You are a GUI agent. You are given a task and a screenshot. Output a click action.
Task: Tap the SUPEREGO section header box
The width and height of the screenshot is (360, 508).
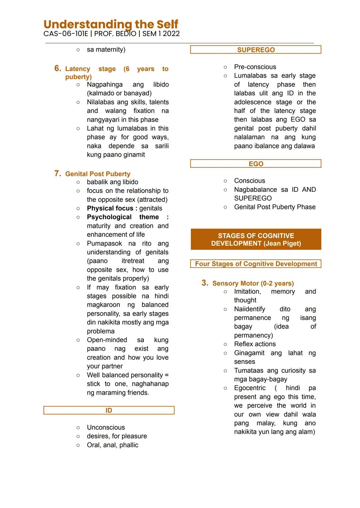(x=256, y=50)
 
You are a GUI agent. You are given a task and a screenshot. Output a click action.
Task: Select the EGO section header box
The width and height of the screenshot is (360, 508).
(x=256, y=164)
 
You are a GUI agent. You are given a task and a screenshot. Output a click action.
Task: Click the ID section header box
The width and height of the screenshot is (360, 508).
(x=109, y=410)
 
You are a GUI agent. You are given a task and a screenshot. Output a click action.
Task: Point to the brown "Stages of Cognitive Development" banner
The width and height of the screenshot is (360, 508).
(x=256, y=239)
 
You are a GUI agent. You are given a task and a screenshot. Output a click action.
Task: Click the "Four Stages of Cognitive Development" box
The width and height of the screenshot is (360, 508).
(x=256, y=264)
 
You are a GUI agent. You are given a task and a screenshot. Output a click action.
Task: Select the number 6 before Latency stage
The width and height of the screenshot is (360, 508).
(x=58, y=68)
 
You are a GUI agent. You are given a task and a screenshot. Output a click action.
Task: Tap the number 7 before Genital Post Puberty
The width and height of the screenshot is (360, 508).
(x=58, y=174)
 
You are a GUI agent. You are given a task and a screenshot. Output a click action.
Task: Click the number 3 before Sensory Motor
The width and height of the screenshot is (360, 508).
(x=205, y=283)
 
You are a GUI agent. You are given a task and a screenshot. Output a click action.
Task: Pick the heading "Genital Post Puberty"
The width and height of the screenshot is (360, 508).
(x=98, y=174)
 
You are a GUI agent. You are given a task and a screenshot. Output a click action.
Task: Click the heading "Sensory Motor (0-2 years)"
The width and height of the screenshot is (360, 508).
(x=253, y=283)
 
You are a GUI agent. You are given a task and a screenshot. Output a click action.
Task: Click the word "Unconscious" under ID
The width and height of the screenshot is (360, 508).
(x=106, y=427)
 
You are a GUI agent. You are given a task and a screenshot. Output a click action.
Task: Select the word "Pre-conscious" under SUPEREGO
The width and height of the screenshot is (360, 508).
(x=255, y=67)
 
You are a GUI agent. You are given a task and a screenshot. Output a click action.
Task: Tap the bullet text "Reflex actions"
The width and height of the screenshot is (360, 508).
(x=255, y=344)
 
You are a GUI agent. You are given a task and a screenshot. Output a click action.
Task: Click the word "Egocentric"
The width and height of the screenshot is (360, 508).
(x=250, y=388)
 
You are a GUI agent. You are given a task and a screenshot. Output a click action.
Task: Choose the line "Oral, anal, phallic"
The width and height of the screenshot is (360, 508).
(x=112, y=445)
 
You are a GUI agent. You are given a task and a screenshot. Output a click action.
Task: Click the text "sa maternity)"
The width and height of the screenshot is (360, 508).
(x=106, y=50)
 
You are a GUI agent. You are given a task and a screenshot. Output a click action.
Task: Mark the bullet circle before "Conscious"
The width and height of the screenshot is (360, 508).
(x=225, y=181)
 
